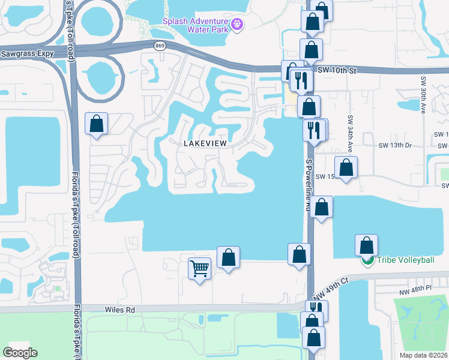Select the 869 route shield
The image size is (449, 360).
[x=159, y=46]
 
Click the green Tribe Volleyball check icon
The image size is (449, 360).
[x=367, y=261]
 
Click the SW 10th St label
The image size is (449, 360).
[x=337, y=70]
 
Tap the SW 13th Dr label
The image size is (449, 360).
[x=395, y=145]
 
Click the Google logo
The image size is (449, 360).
[x=20, y=352]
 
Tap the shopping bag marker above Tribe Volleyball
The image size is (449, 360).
[x=366, y=245]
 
